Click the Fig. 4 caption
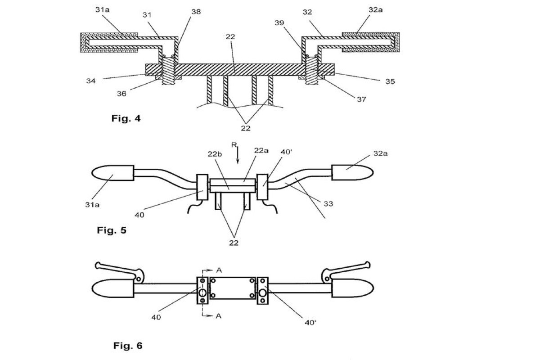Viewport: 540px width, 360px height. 126,118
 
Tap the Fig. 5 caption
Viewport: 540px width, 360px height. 112,230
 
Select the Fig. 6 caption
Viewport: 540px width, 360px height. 128,346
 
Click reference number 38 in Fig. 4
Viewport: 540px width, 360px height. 196,12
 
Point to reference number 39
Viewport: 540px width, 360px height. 279,22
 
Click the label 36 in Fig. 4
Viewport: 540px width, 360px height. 121,94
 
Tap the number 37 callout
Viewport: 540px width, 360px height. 362,99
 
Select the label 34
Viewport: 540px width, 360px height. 91,81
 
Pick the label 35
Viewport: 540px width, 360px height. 390,81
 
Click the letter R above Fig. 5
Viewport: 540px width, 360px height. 234,145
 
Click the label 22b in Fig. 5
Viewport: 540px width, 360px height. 215,154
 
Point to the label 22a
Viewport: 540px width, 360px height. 261,150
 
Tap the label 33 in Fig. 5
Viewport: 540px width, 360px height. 328,204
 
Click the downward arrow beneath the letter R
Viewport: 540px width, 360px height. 238,155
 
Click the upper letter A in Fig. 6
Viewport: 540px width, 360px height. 219,270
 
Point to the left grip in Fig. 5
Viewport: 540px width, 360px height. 112,173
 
